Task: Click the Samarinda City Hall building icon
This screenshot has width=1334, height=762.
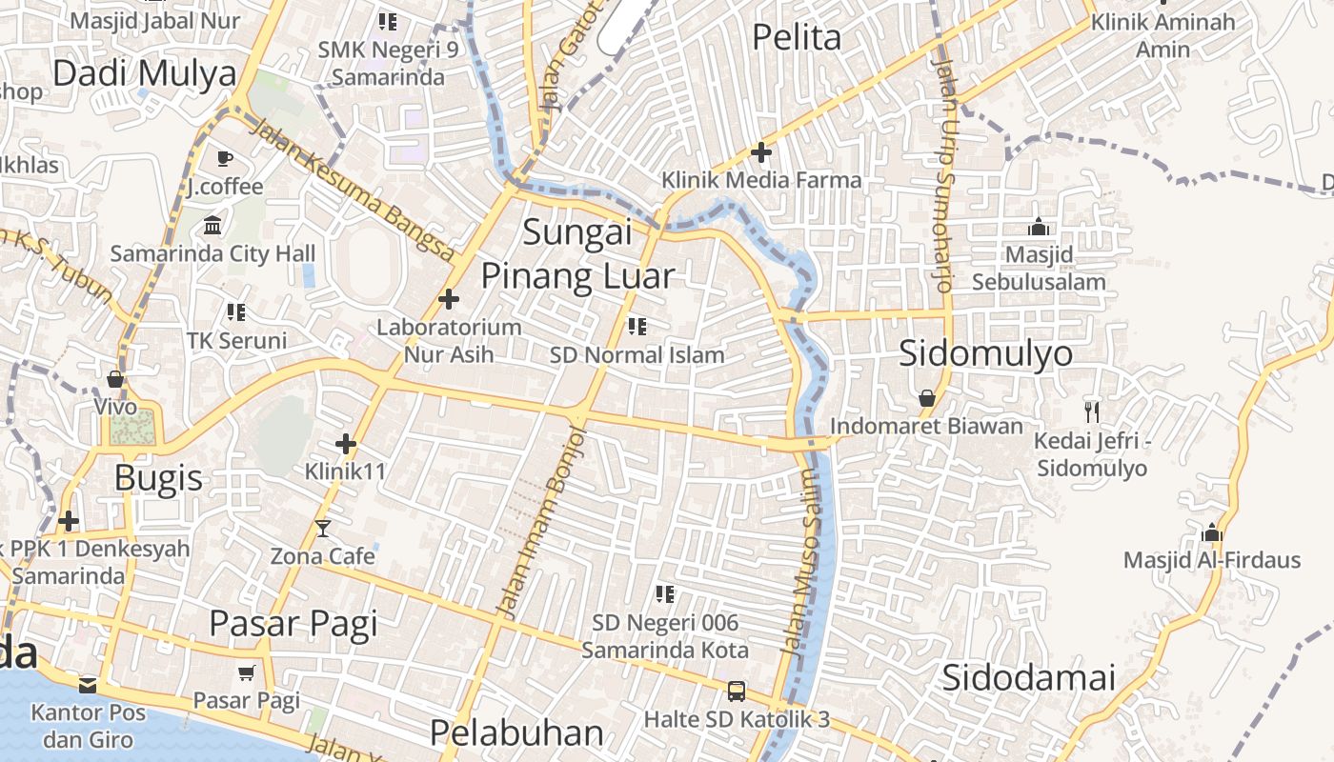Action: click(x=212, y=226)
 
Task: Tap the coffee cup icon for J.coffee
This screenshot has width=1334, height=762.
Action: click(x=224, y=158)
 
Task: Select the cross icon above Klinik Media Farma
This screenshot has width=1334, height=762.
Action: click(x=761, y=151)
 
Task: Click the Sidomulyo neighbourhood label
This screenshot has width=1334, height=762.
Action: click(x=986, y=353)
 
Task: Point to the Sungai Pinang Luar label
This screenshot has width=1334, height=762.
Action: click(x=577, y=253)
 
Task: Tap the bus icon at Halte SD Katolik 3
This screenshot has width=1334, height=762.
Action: click(x=736, y=691)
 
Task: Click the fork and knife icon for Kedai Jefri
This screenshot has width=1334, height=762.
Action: click(x=1092, y=411)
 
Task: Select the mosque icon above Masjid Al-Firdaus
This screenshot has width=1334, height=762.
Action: click(x=1212, y=531)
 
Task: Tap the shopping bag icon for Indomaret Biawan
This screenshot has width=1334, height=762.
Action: click(x=926, y=398)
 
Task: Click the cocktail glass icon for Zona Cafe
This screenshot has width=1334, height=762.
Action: click(x=323, y=528)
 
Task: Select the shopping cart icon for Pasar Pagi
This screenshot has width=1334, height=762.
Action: click(x=247, y=673)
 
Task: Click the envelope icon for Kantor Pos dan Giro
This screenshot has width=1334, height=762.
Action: click(x=88, y=684)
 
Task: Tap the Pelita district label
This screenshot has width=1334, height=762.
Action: click(x=797, y=37)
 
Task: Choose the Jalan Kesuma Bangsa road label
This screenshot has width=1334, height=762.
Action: click(x=354, y=189)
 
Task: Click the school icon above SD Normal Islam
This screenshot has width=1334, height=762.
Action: click(x=637, y=327)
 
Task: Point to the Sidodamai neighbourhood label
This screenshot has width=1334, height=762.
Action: click(x=1028, y=678)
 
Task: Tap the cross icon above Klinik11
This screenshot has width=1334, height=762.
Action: click(x=346, y=443)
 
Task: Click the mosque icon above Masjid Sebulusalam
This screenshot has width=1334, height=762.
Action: click(x=1039, y=227)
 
